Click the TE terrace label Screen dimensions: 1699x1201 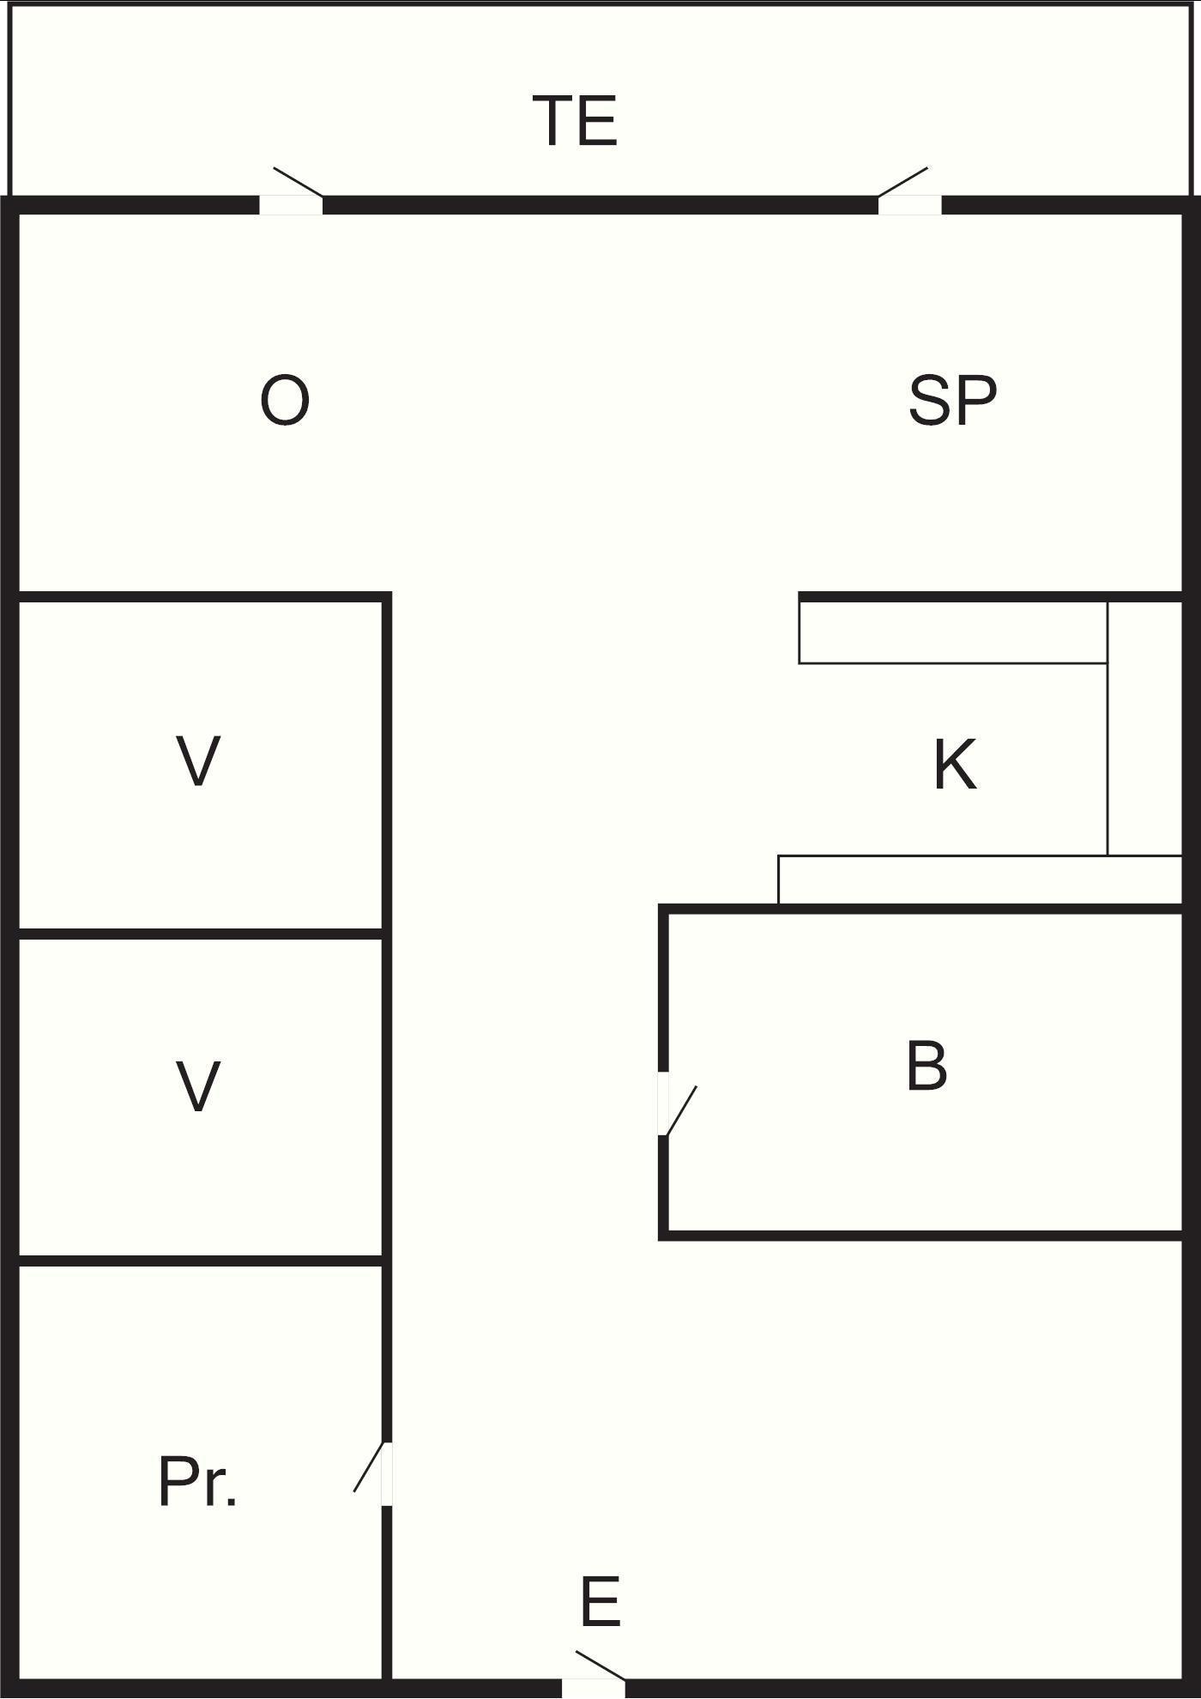[x=575, y=121]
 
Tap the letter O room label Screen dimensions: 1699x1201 [x=284, y=401]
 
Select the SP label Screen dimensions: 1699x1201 [x=952, y=401]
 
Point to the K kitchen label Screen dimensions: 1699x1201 [x=954, y=765]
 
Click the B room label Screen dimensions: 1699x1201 [x=926, y=1067]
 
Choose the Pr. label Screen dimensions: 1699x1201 [x=197, y=1482]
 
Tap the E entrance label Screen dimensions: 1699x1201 [x=600, y=1602]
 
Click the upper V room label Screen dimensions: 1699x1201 [x=198, y=760]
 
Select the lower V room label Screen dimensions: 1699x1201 [x=198, y=1085]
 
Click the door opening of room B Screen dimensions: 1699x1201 [x=663, y=1103]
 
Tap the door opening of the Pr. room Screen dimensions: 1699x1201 [x=387, y=1474]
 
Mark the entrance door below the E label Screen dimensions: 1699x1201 [x=593, y=1688]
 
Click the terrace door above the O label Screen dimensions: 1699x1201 [x=291, y=205]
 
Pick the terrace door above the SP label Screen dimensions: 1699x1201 [x=909, y=205]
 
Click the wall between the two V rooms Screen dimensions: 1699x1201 [x=200, y=934]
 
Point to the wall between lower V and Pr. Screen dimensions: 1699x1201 [x=200, y=1260]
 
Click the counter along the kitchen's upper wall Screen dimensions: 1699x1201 [x=952, y=632]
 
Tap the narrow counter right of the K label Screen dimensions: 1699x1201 [x=1144, y=729]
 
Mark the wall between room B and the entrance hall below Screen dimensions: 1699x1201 [x=922, y=1235]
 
